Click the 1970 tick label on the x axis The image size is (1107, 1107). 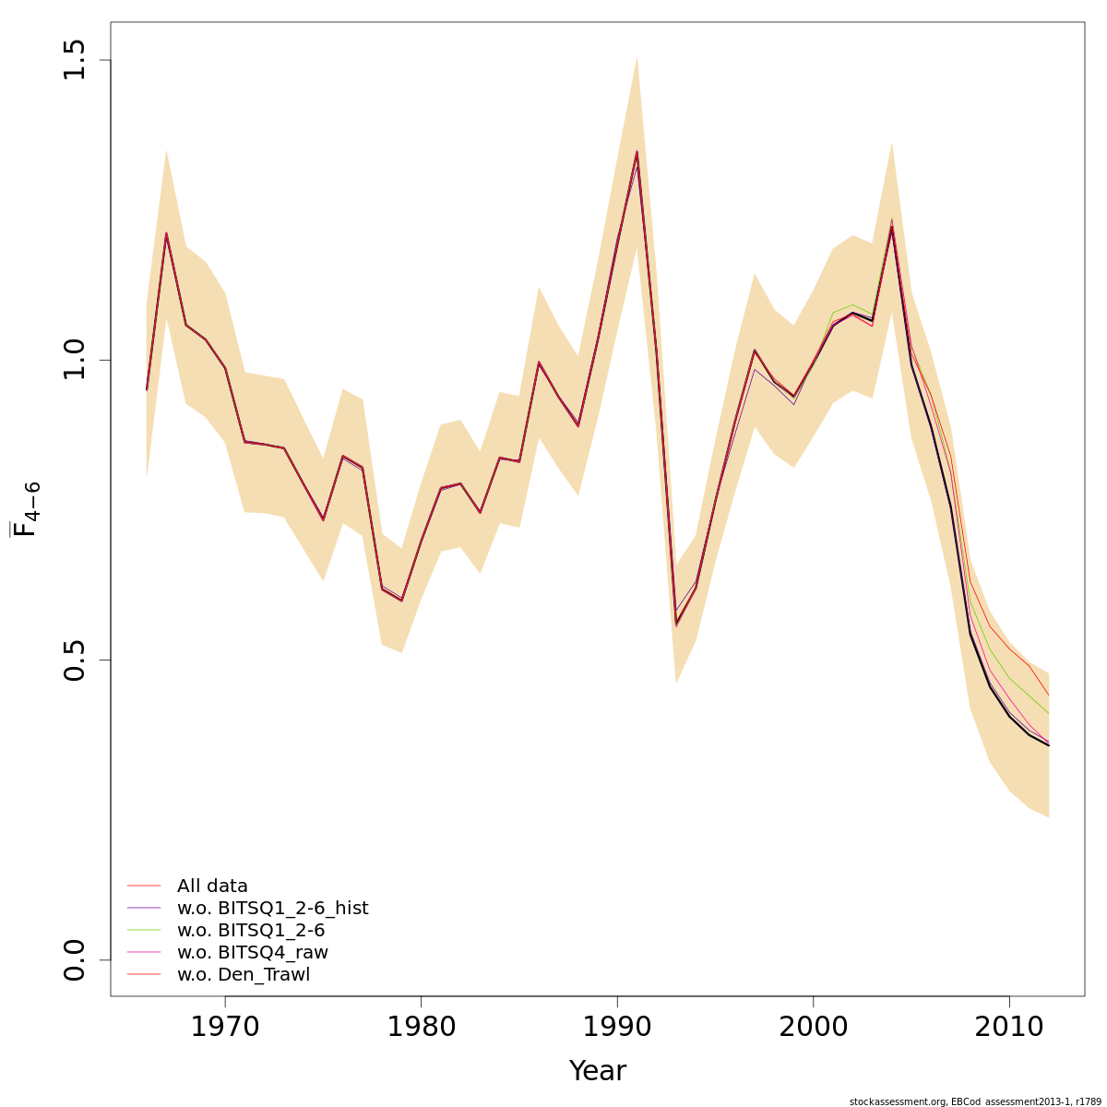tap(225, 1027)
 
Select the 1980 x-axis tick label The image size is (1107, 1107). tap(422, 1027)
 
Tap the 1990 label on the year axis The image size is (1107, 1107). tap(617, 1027)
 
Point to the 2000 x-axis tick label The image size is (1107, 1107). tap(814, 1027)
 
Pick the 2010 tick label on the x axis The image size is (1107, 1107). tap(1009, 1027)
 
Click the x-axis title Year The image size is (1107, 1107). tap(597, 1071)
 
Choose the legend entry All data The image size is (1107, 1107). tap(212, 887)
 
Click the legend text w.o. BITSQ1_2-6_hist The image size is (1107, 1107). tap(272, 909)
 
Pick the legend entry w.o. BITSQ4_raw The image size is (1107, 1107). tap(252, 953)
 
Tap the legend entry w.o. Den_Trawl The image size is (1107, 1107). tap(243, 975)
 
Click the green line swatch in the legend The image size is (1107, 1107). tap(144, 931)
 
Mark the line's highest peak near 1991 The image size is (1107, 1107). tap(637, 151)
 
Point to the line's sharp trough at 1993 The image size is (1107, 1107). tap(676, 625)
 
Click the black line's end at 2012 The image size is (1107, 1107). tap(1048, 745)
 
